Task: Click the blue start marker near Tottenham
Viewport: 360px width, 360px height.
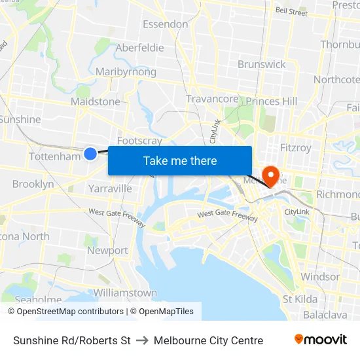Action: click(x=90, y=153)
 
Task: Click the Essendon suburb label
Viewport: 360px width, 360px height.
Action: click(x=166, y=24)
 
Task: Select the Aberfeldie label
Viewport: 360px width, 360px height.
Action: click(x=139, y=48)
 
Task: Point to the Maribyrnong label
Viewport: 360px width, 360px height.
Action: click(x=126, y=72)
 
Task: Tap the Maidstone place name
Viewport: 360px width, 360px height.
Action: click(x=96, y=101)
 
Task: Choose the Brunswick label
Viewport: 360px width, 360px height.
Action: click(x=262, y=64)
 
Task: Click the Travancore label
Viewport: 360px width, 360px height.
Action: click(x=212, y=99)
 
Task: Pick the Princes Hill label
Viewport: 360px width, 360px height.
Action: click(x=272, y=101)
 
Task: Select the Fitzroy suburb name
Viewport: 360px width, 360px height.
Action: click(x=296, y=148)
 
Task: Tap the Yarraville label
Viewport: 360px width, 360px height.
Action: click(x=110, y=189)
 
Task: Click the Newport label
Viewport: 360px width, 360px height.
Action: click(x=107, y=251)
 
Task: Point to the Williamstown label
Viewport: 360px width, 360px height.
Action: click(x=125, y=293)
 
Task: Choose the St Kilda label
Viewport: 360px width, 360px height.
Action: click(x=300, y=299)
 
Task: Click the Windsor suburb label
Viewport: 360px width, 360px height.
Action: click(x=320, y=277)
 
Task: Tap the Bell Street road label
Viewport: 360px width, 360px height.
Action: click(x=291, y=11)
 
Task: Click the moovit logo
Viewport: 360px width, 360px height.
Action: click(x=321, y=340)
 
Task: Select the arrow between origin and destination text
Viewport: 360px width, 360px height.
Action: click(x=142, y=340)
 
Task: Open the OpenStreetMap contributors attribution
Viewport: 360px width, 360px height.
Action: click(x=66, y=312)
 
